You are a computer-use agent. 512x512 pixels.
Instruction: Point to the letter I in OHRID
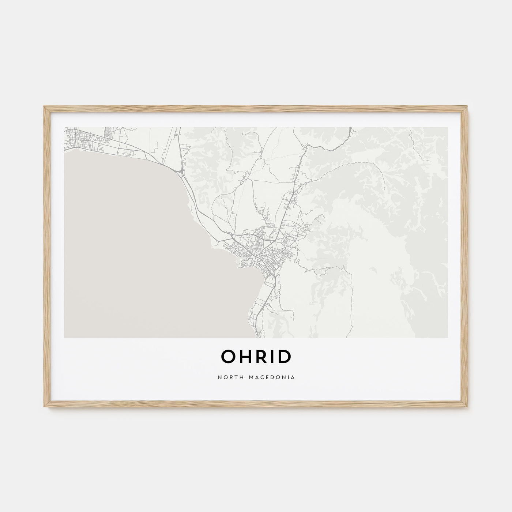coord(272,357)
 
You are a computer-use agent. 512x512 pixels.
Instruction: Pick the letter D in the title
coord(284,357)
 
